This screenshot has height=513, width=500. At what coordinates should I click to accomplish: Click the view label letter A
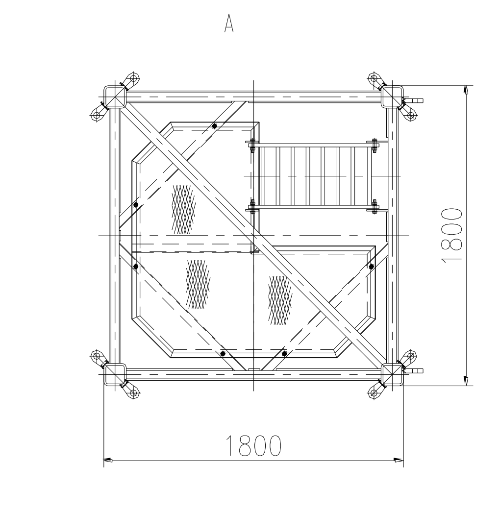pyautogui.click(x=229, y=24)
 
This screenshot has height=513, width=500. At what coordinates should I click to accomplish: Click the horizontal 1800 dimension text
pyautogui.click(x=253, y=445)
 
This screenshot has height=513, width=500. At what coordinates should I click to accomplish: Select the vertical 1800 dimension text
pyautogui.click(x=451, y=235)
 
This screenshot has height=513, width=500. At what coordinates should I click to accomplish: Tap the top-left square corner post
pyautogui.click(x=115, y=97)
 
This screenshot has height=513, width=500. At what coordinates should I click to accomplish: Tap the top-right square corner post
pyautogui.click(x=392, y=97)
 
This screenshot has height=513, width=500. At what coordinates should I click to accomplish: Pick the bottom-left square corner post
pyautogui.click(x=115, y=374)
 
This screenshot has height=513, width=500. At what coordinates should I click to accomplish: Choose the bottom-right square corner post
pyautogui.click(x=392, y=374)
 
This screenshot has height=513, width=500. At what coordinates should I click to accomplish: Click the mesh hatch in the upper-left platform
pyautogui.click(x=183, y=209)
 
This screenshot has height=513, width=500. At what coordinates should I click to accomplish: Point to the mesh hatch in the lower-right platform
pyautogui.click(x=280, y=300)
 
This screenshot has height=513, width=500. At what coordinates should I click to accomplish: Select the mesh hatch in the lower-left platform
pyautogui.click(x=198, y=284)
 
